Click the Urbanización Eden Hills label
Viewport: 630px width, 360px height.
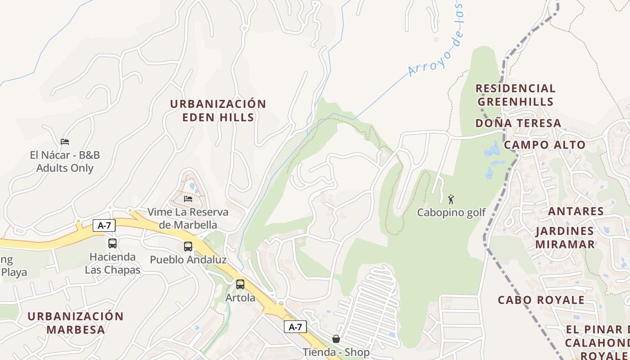pyautogui.click(x=218, y=110)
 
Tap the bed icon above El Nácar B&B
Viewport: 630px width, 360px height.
pyautogui.click(x=65, y=142)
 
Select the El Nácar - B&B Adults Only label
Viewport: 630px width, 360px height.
pyautogui.click(x=65, y=162)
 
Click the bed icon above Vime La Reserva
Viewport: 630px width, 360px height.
pyautogui.click(x=188, y=198)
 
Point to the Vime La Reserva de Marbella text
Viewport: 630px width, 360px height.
pyautogui.click(x=188, y=218)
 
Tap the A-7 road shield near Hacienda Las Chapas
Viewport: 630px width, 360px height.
pyautogui.click(x=104, y=225)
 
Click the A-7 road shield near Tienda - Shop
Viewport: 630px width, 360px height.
pyautogui.click(x=295, y=327)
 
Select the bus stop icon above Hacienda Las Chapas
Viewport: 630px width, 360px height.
pyautogui.click(x=112, y=243)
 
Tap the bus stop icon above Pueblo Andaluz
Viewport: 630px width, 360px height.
pyautogui.click(x=188, y=247)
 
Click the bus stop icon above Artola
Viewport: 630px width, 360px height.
pyautogui.click(x=240, y=284)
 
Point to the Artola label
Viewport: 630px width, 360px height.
pyautogui.click(x=240, y=298)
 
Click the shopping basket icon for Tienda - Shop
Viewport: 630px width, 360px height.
pyautogui.click(x=336, y=339)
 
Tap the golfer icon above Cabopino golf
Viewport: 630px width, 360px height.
pyautogui.click(x=451, y=199)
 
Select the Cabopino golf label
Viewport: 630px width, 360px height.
pyautogui.click(x=451, y=212)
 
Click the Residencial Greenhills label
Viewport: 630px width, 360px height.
pyautogui.click(x=515, y=95)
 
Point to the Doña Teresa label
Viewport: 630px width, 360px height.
pyautogui.click(x=518, y=123)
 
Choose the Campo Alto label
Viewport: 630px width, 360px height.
pyautogui.click(x=544, y=145)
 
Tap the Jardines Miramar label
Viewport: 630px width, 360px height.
pyautogui.click(x=564, y=238)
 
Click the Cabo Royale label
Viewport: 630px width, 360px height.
pyautogui.click(x=541, y=300)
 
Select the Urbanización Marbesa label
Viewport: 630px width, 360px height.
pyautogui.click(x=76, y=323)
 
